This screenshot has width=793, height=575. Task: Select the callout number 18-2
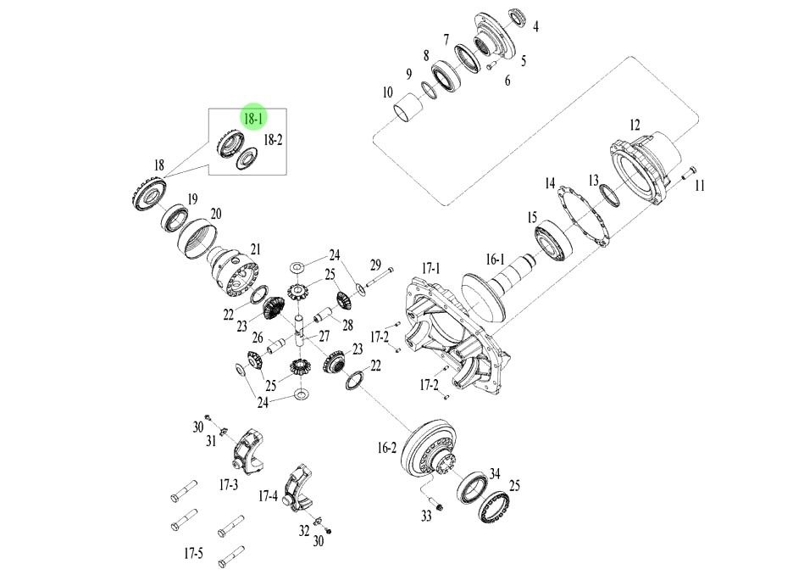click(x=273, y=139)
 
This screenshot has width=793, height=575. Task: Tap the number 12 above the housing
click(x=635, y=126)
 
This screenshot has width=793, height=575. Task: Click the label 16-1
click(x=495, y=260)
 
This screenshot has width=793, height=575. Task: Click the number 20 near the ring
click(x=215, y=215)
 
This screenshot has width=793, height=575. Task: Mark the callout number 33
click(x=427, y=516)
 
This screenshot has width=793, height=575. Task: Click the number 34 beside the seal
click(x=496, y=473)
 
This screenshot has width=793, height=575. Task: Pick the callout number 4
click(x=535, y=26)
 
